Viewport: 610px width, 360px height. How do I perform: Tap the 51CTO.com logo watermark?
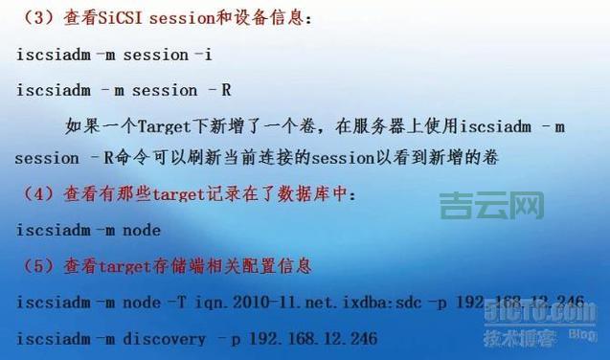point(546,311)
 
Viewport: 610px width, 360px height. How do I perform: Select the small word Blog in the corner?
point(582,334)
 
